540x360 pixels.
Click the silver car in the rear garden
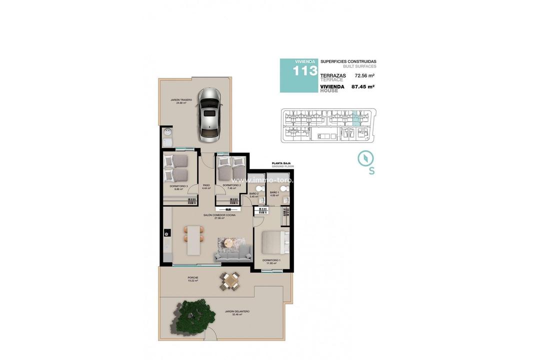pos(210,114)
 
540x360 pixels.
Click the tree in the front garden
pos(189,315)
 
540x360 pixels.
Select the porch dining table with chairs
pos(230,281)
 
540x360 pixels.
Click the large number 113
pos(305,71)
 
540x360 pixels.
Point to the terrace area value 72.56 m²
pos(364,76)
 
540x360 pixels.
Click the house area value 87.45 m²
pos(363,86)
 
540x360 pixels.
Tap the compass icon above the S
pos(365,158)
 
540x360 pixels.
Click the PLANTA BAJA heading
pos(281,163)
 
